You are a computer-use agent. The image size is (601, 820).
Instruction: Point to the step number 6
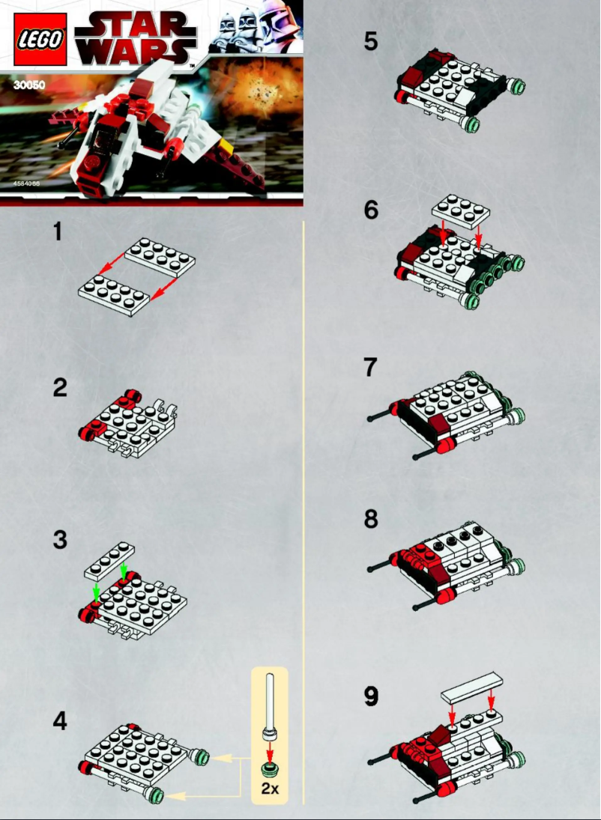click(x=371, y=210)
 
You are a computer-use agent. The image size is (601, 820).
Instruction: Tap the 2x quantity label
click(x=269, y=788)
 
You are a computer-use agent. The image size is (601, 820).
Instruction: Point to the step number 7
click(x=370, y=368)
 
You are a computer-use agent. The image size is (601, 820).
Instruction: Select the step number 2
click(x=60, y=389)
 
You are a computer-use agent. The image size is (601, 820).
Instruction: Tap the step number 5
click(x=371, y=42)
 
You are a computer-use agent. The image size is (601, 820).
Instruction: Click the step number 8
click(x=371, y=519)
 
